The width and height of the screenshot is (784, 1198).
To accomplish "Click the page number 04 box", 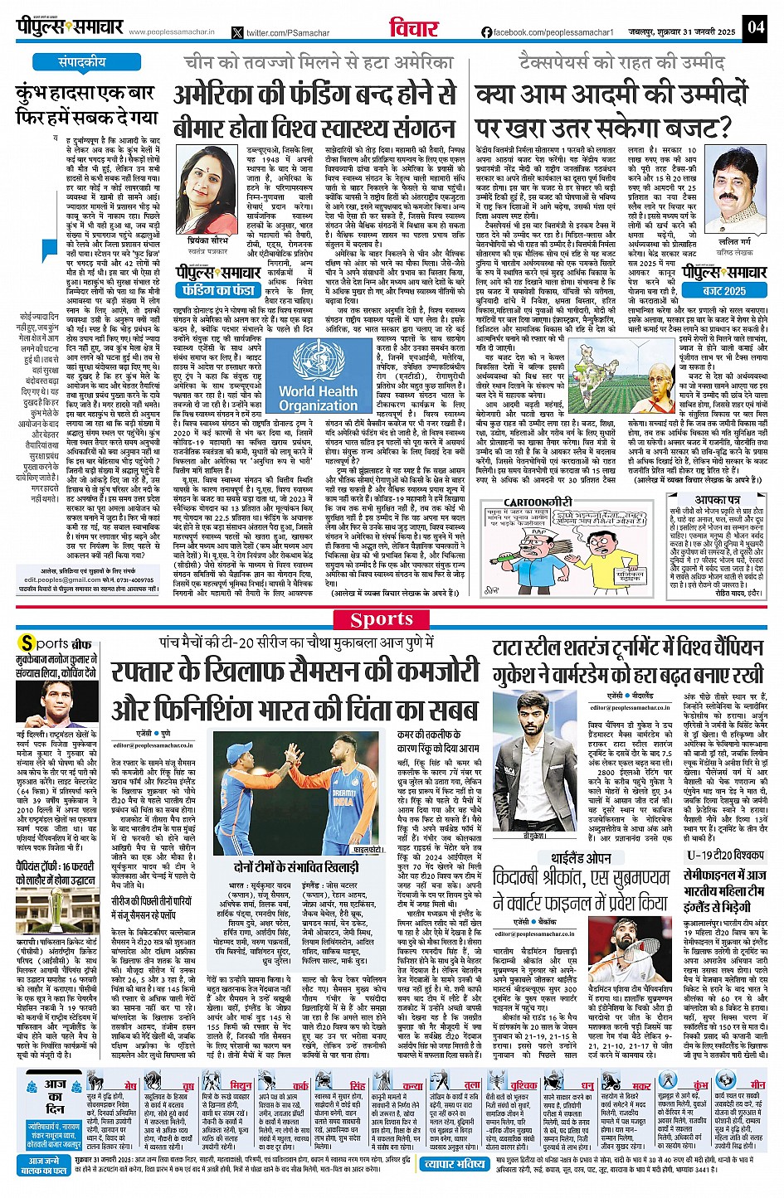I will tap(754, 27).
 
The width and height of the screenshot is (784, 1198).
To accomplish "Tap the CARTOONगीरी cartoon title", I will tap(538, 502).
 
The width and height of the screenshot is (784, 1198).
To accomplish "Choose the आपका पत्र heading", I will tap(718, 501).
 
